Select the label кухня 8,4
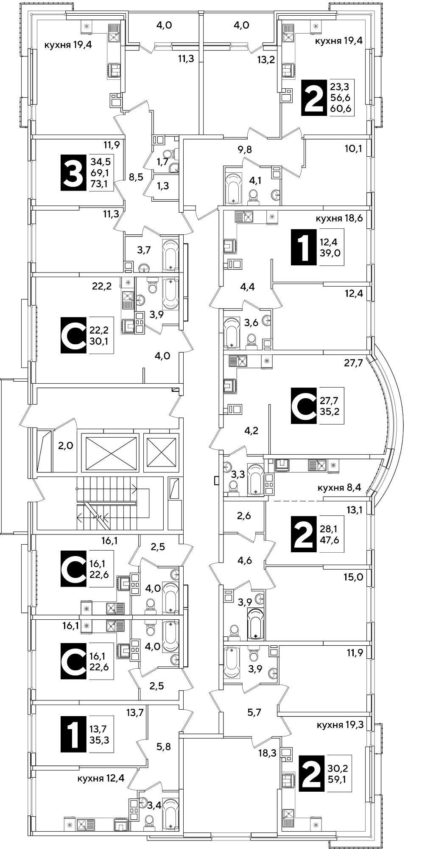(x=339, y=488)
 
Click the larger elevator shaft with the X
(x=110, y=453)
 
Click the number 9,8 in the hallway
(x=245, y=149)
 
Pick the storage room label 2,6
(x=244, y=516)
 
